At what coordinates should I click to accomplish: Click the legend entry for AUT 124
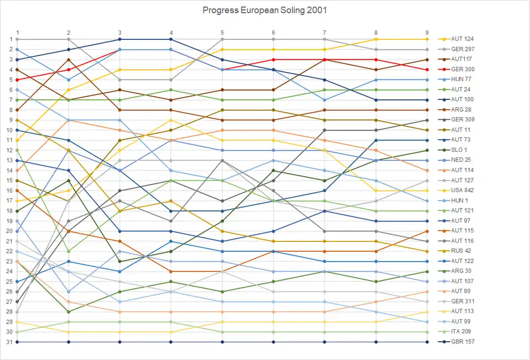(x=462, y=39)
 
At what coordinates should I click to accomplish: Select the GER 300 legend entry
(x=462, y=70)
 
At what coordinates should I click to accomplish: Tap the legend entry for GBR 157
(x=462, y=342)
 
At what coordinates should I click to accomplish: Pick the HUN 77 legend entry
(x=460, y=80)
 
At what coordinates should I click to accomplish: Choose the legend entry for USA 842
(x=462, y=190)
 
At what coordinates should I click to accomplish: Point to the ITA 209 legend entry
(x=461, y=332)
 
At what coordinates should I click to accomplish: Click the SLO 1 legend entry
(x=459, y=150)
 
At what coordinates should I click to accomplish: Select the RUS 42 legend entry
(x=461, y=251)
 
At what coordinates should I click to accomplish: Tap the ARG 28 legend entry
(x=461, y=110)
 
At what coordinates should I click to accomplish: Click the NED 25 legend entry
(x=461, y=160)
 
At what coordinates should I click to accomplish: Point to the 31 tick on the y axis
(x=10, y=342)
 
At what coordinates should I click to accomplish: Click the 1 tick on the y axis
(x=10, y=39)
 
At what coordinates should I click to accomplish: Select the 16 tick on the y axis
(x=10, y=190)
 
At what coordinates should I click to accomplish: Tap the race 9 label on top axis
(x=427, y=32)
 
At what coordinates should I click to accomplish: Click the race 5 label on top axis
(x=222, y=32)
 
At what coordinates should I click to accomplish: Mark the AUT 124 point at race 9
(x=427, y=39)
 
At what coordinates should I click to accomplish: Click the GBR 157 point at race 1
(x=17, y=342)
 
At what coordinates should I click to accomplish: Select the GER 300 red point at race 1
(x=17, y=80)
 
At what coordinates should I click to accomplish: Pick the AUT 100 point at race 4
(x=171, y=39)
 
